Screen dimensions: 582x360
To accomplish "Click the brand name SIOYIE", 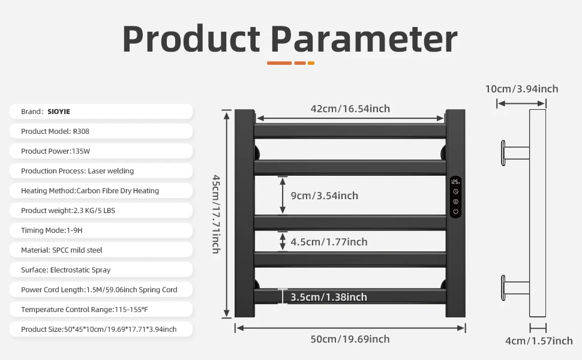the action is coord(59,112).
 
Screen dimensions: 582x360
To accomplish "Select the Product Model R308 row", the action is coord(101,131).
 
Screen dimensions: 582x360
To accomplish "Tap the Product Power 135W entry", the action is coord(101,151).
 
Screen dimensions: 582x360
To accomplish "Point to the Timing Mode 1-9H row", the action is coord(101,230).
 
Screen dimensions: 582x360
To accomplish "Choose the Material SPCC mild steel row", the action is coord(101,250).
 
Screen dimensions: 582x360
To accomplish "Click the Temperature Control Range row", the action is coord(101,309).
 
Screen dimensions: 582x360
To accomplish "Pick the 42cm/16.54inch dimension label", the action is coord(350,109).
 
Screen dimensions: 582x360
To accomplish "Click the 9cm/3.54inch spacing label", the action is coord(325,196).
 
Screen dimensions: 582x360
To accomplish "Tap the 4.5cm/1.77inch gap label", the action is coord(329,242).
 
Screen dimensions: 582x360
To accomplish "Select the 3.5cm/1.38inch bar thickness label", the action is coord(328,297).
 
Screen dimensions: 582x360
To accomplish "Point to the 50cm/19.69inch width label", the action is coord(350,339).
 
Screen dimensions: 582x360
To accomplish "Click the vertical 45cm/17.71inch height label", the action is coord(216,214).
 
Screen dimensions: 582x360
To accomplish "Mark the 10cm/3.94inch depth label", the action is coord(521,89).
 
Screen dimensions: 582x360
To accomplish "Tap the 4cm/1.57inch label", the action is coord(539,341).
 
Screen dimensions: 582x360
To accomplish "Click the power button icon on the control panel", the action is coord(456,212).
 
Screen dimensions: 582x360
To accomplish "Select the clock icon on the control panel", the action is coord(456,191).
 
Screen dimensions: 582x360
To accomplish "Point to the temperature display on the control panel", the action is coord(455,182).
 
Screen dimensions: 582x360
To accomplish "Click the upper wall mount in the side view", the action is coord(515,153).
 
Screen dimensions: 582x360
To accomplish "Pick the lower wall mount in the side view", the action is coord(515,287).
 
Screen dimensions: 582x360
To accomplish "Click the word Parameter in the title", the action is coord(364,40).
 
